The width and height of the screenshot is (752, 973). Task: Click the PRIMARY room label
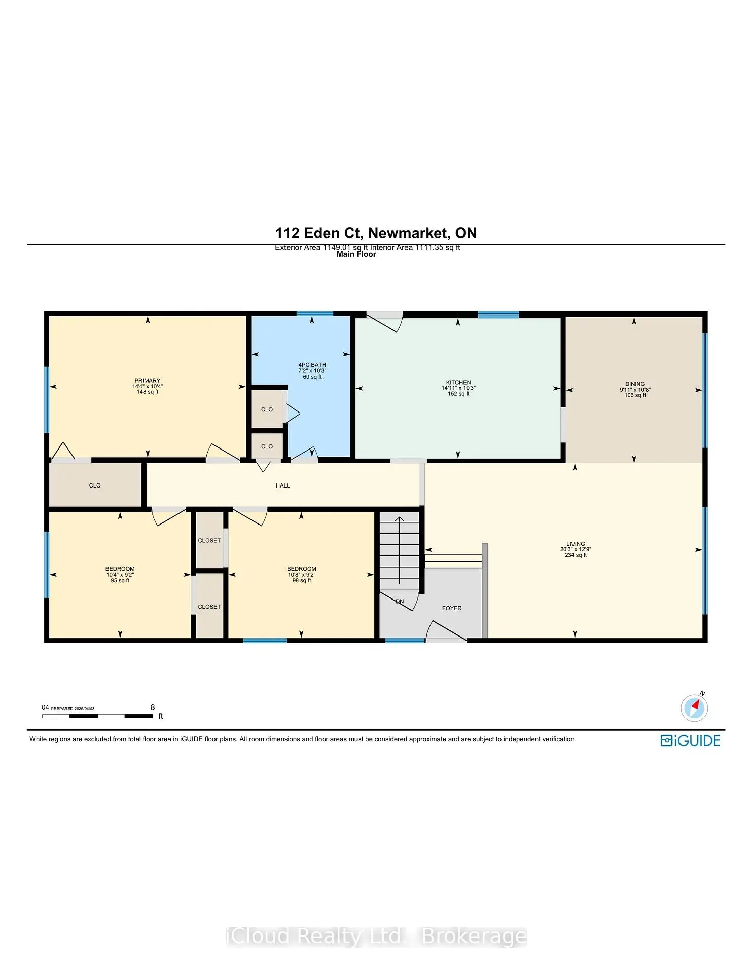147,381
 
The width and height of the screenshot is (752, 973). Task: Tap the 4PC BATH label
312,365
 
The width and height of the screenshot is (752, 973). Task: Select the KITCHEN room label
458,383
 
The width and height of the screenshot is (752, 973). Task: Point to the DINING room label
635,384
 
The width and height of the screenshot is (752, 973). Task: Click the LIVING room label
576,544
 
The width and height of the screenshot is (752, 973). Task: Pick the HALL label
282,485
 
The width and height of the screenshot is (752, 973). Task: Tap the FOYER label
452,608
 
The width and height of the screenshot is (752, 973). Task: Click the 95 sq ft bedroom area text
120,581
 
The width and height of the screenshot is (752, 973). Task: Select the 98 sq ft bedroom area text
302,581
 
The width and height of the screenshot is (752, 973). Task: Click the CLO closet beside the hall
95,485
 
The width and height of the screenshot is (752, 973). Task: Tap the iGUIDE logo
690,741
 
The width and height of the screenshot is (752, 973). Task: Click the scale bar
97,716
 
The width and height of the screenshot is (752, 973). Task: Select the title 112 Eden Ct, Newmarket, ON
376,233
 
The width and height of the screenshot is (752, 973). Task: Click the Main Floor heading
356,254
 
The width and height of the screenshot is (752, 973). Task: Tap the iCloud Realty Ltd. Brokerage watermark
376,937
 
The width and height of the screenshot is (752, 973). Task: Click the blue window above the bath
315,314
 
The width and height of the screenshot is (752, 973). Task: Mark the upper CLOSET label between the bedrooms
209,541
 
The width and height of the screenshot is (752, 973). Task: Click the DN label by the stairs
400,602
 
